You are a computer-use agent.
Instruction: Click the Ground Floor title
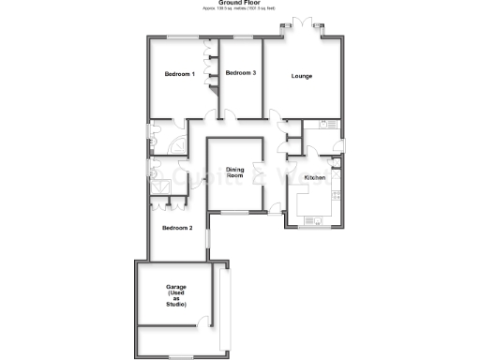click(239, 3)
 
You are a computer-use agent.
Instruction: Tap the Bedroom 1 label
click(179, 74)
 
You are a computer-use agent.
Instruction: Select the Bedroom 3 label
click(241, 73)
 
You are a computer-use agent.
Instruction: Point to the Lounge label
click(302, 76)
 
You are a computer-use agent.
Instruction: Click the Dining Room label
click(234, 172)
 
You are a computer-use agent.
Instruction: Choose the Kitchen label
click(315, 177)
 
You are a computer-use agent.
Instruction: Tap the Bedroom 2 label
click(176, 228)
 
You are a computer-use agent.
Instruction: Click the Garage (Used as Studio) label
click(176, 295)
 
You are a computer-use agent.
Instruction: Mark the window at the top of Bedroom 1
click(183, 37)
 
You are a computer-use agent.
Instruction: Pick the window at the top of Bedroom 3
click(241, 37)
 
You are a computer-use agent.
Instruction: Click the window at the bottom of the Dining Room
click(234, 213)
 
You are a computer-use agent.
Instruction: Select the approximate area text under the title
click(239, 9)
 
